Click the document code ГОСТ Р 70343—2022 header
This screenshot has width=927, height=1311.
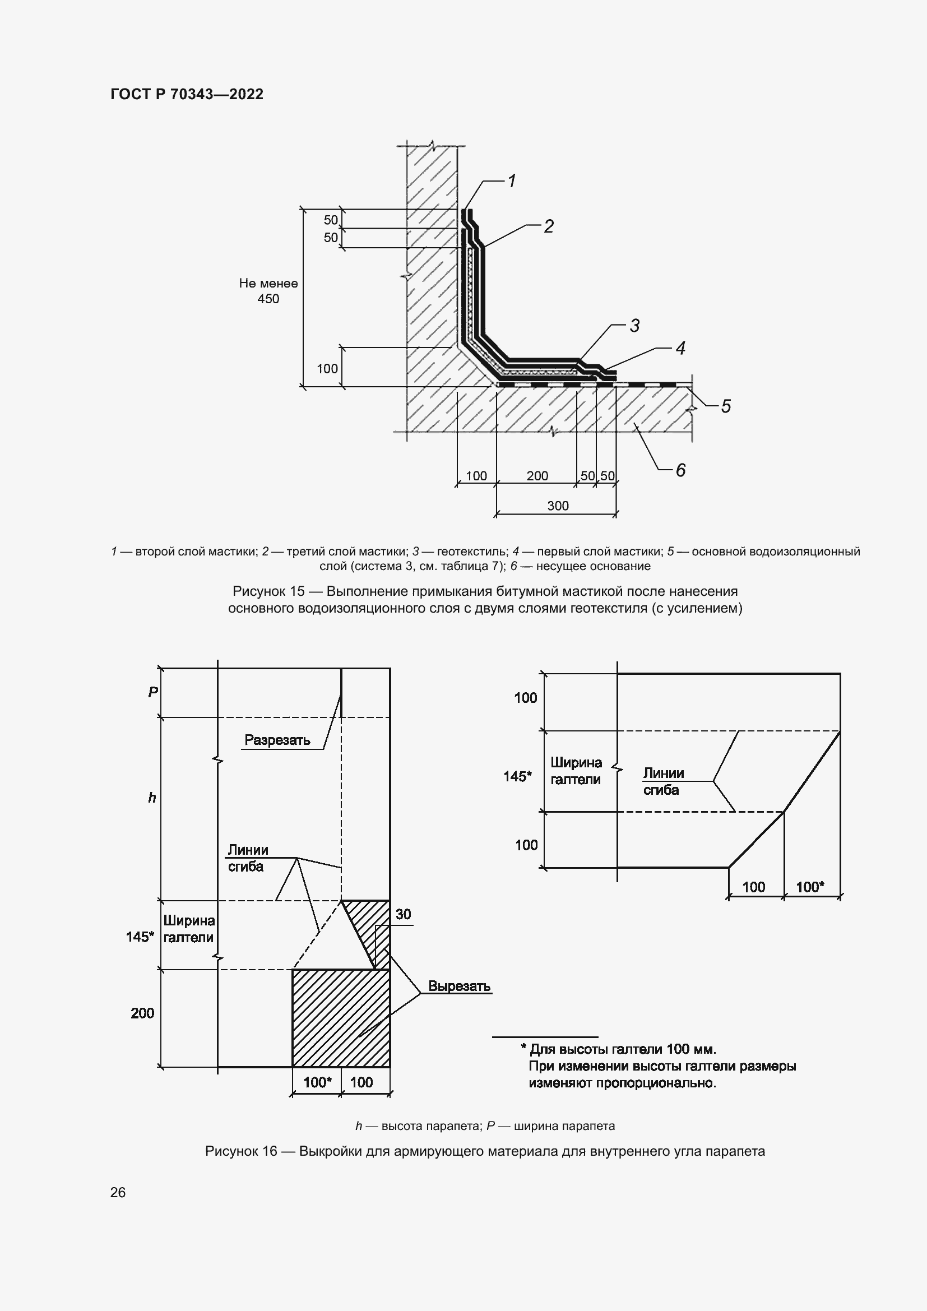(187, 95)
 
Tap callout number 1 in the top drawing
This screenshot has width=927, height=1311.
(512, 181)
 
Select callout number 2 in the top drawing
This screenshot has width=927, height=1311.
(548, 226)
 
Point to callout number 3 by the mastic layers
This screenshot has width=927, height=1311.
(634, 326)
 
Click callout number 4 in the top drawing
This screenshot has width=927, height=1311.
(680, 348)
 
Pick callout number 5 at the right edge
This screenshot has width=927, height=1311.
(725, 406)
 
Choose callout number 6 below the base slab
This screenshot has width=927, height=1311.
(680, 470)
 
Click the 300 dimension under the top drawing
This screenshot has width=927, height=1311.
(558, 506)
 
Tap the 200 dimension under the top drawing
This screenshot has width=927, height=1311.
(537, 476)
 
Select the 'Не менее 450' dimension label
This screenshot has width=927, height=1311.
(268, 291)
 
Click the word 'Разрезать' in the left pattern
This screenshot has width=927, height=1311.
(277, 740)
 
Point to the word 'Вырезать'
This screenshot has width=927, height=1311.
(460, 986)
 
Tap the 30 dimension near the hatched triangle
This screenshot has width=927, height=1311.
(403, 914)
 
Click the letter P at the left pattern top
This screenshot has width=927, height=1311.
(152, 693)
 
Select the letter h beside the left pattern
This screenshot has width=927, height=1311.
(152, 798)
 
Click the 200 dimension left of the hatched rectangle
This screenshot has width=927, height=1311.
(142, 1013)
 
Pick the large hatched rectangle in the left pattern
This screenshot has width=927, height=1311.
(341, 1017)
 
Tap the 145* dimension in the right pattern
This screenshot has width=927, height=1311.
(517, 776)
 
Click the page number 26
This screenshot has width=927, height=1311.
(118, 1192)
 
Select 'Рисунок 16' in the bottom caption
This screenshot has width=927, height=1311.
(241, 1151)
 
